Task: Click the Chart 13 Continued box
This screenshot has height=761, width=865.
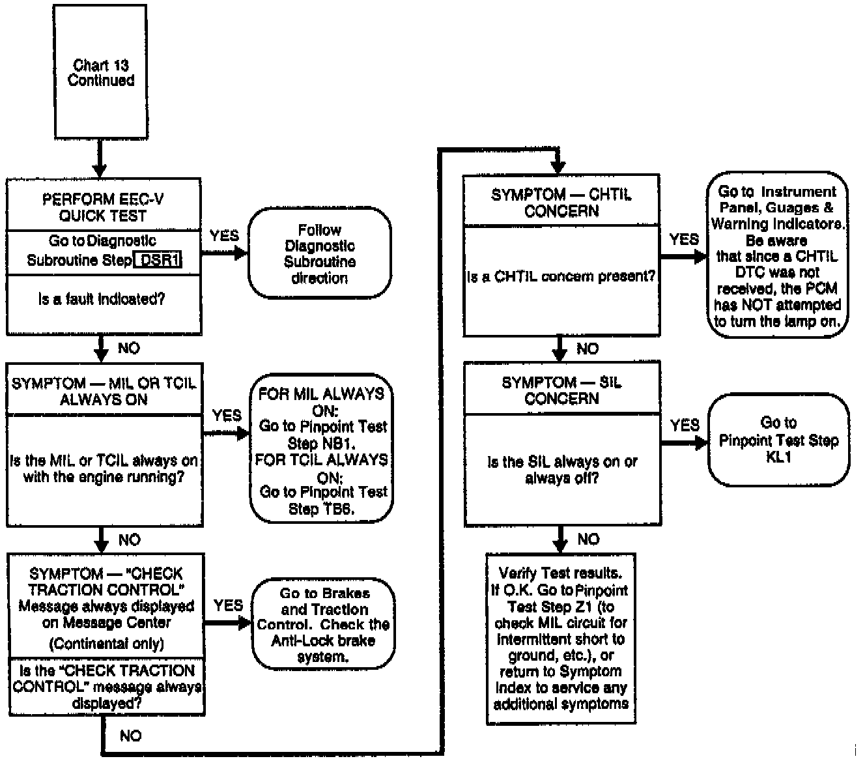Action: [100, 72]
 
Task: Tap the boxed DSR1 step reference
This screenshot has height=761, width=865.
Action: [159, 260]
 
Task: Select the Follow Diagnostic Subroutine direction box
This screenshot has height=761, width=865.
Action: [319, 253]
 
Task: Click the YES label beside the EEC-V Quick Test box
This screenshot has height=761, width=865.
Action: [225, 236]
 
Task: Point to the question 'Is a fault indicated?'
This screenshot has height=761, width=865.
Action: [102, 299]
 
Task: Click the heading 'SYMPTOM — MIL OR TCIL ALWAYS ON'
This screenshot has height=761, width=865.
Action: [104, 391]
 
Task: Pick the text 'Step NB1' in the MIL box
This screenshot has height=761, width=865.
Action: [312, 443]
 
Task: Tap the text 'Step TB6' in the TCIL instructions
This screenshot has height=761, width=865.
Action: [321, 509]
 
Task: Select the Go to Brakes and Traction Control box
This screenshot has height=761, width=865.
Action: [324, 624]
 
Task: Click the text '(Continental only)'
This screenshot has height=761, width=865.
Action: [107, 644]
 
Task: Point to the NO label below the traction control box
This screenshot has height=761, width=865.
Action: [130, 736]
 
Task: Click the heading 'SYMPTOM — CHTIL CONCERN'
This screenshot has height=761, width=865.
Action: [561, 203]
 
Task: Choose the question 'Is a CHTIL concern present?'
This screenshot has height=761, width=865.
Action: [561, 276]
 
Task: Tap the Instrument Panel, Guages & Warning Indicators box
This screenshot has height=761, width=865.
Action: [777, 255]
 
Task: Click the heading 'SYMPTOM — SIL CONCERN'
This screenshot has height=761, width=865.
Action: [561, 390]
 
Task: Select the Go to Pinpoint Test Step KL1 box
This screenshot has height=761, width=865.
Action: [778, 440]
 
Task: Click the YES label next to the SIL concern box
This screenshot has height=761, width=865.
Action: [685, 425]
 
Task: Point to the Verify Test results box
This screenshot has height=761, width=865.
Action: [561, 638]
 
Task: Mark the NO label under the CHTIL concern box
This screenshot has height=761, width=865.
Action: [588, 349]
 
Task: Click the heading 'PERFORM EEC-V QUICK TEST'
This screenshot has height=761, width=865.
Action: [103, 207]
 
